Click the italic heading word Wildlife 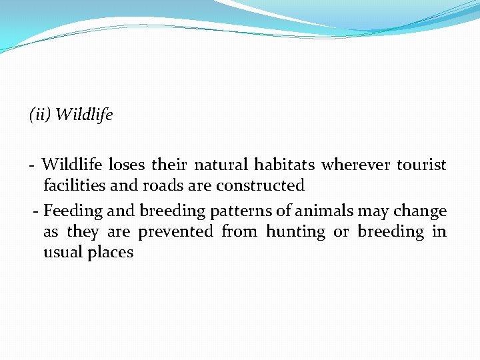coord(84,115)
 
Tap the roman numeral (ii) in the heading coord(40,115)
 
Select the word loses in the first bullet coord(127,165)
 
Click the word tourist coord(421,165)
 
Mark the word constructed coord(260,185)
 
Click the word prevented coord(176,232)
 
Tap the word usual coord(64,253)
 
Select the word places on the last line coord(111,253)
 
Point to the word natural coord(221,165)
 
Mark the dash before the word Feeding coord(36,212)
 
